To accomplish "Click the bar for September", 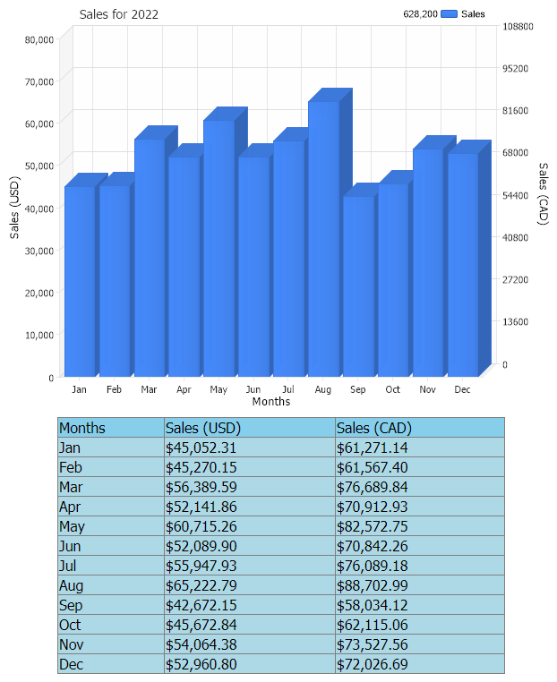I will click(358, 286).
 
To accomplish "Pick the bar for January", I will click(80, 281).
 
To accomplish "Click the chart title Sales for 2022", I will click(119, 15).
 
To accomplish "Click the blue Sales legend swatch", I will click(449, 14).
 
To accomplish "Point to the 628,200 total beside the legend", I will click(420, 14).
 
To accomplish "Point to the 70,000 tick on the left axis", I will click(40, 81).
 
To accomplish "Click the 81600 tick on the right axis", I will click(520, 110).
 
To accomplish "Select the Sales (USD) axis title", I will click(14, 208).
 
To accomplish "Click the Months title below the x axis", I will click(271, 402).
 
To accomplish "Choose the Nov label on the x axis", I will click(427, 390).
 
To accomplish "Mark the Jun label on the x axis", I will click(253, 390).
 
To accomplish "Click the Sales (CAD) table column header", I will click(373, 428).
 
